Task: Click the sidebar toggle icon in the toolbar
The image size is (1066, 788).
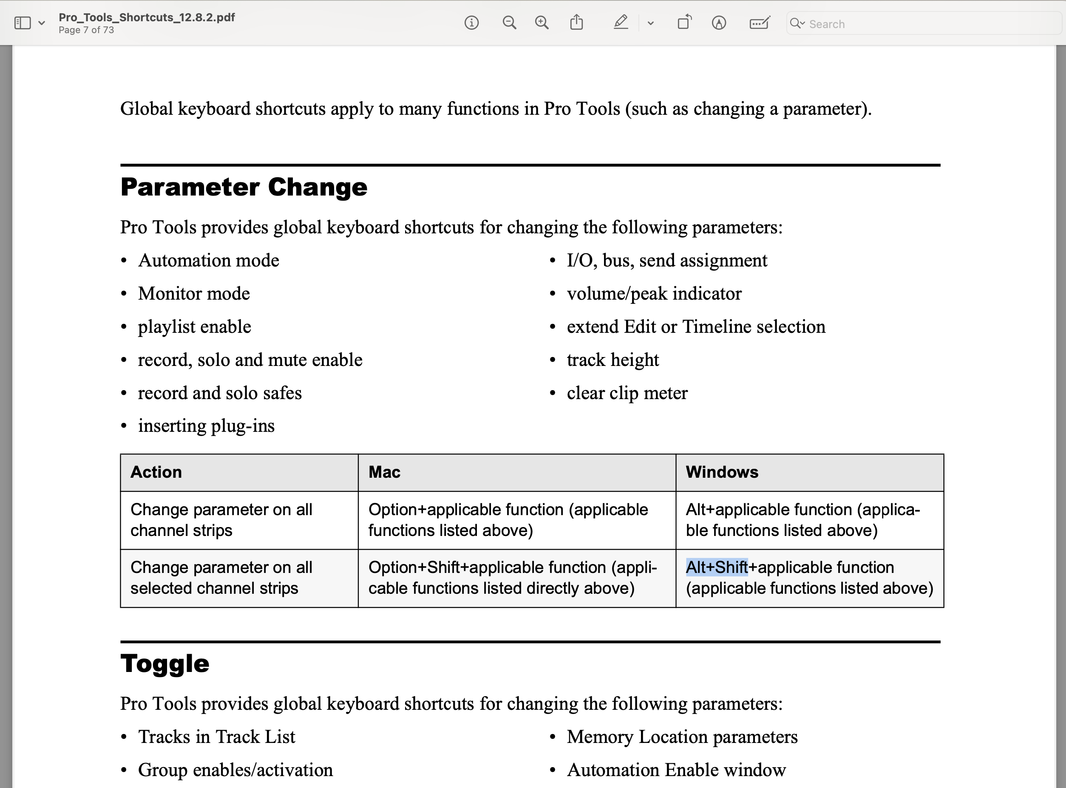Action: point(23,23)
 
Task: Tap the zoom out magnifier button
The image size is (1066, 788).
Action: point(509,23)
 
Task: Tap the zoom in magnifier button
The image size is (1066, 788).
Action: point(542,23)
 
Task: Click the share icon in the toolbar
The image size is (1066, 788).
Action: point(577,23)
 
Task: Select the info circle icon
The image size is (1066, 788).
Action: point(471,23)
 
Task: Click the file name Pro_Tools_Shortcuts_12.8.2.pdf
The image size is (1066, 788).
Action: point(146,17)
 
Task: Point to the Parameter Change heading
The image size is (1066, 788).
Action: point(244,187)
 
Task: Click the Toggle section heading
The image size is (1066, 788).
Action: point(164,663)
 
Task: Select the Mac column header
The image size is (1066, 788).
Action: point(384,472)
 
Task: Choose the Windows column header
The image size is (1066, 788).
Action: point(722,472)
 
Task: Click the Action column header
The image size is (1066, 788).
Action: point(156,472)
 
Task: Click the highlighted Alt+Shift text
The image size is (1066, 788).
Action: point(716,567)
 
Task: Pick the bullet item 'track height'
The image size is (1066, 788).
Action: point(612,360)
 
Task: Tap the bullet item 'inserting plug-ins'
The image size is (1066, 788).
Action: point(206,425)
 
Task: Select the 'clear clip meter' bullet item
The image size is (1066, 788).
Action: point(627,393)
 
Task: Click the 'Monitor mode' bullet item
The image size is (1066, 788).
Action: point(194,293)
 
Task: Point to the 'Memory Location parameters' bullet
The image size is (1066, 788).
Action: point(682,737)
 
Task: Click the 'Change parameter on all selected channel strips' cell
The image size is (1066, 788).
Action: point(221,578)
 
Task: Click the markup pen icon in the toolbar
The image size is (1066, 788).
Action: point(621,23)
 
